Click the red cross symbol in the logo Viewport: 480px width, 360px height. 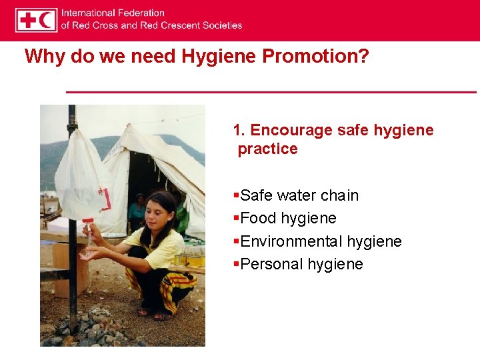click(x=27, y=20)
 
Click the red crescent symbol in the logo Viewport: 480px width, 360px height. click(x=47, y=20)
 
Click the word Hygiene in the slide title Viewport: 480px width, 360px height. click(x=221, y=57)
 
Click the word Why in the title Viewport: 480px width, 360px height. click(x=45, y=57)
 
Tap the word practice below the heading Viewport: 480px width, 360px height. click(x=267, y=149)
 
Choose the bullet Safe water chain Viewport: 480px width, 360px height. click(x=299, y=195)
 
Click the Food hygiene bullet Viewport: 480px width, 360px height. click(x=288, y=218)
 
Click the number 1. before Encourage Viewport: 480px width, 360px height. click(x=239, y=130)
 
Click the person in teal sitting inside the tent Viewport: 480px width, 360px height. click(x=137, y=210)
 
